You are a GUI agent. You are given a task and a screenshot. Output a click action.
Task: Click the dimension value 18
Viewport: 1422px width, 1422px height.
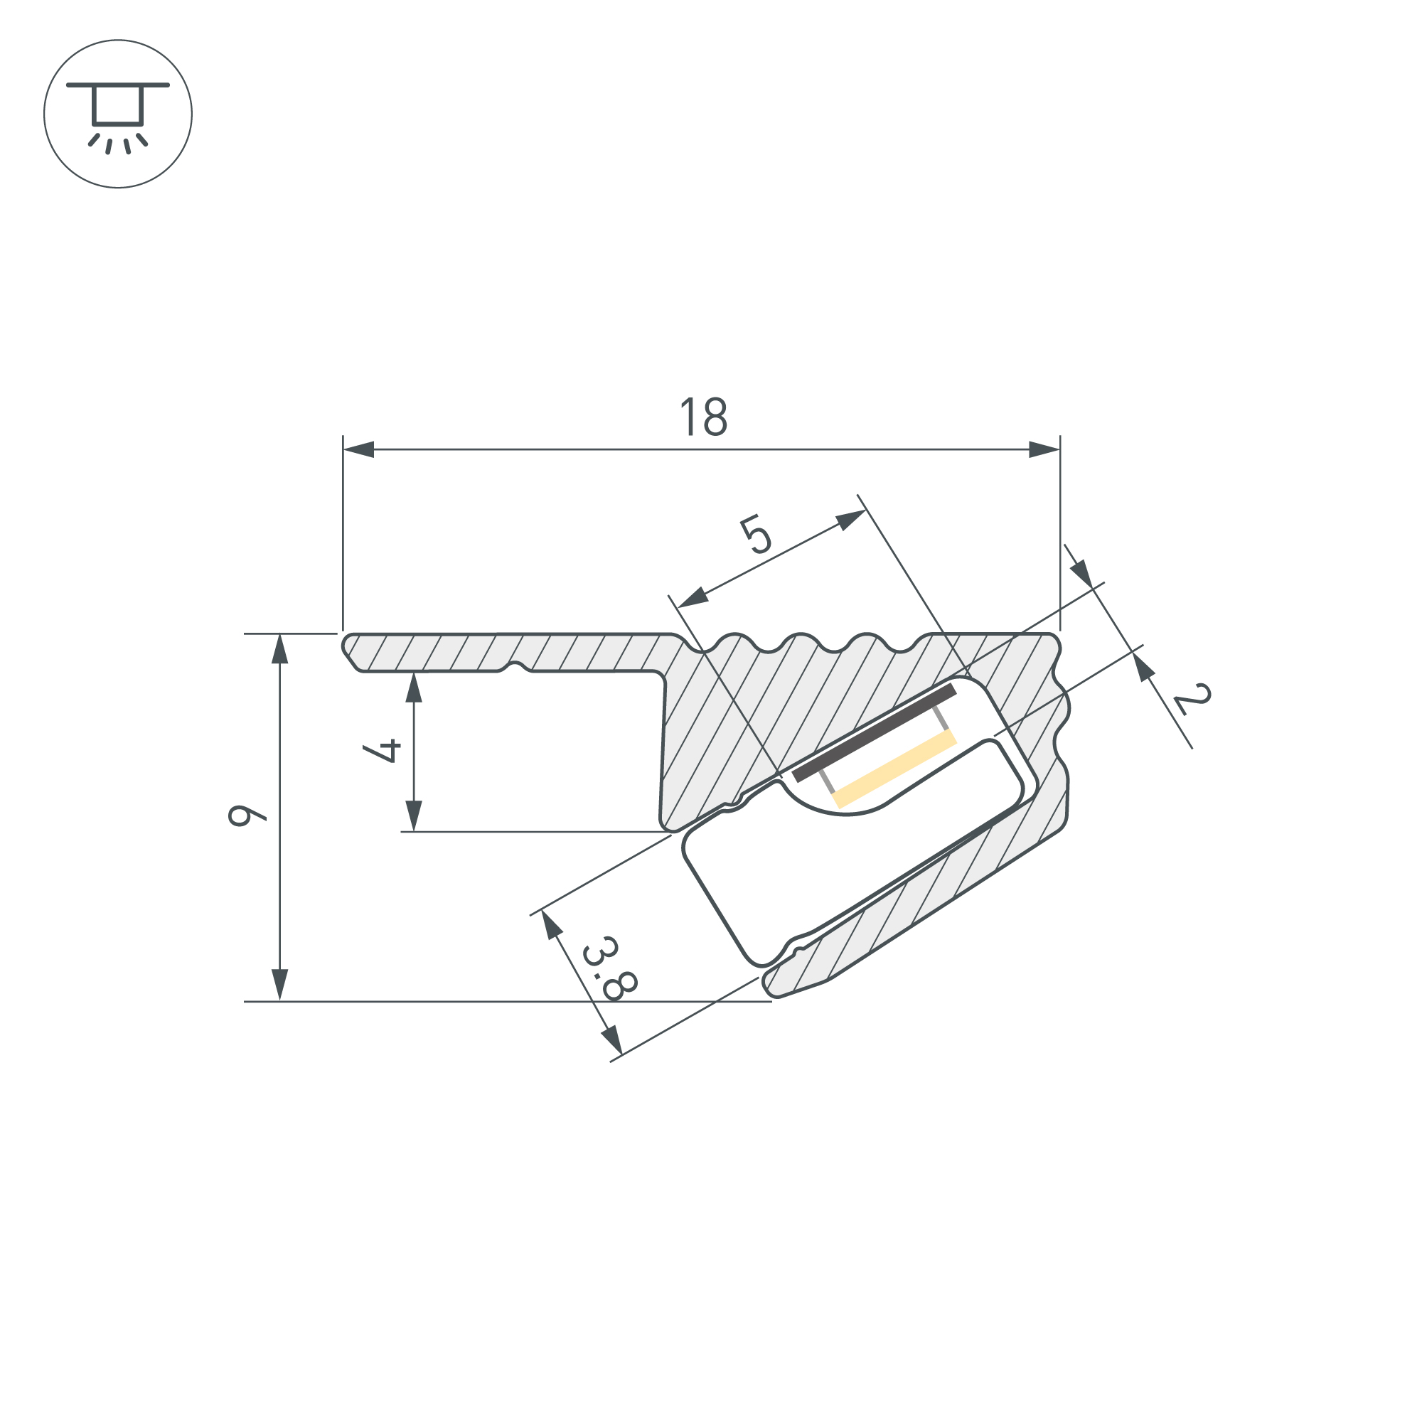click(x=704, y=417)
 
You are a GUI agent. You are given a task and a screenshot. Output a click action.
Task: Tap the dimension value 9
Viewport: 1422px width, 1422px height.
click(x=247, y=816)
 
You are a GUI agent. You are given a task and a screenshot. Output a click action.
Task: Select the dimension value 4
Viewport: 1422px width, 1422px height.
click(x=382, y=751)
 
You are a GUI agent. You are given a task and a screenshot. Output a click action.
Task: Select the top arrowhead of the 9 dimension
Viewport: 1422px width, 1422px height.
click(x=279, y=648)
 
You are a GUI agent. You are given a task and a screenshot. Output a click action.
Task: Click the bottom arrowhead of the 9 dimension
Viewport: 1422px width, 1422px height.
click(x=279, y=985)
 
